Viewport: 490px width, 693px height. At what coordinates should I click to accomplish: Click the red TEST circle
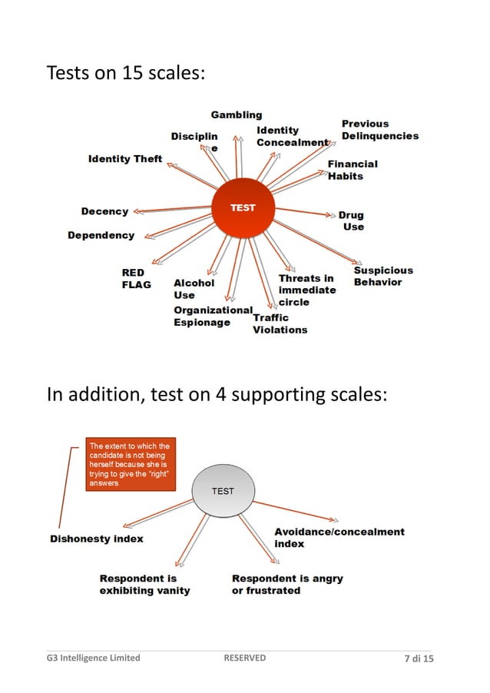click(x=243, y=209)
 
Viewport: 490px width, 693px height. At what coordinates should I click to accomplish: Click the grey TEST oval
click(x=223, y=492)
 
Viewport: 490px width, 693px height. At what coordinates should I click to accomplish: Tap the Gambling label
click(x=237, y=114)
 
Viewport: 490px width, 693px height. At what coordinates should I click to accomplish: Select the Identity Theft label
click(x=125, y=159)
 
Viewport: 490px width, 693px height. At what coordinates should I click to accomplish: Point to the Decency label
click(x=104, y=211)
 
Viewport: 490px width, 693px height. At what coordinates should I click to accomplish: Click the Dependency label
click(x=101, y=235)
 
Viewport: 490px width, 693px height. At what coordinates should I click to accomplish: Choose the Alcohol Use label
click(x=194, y=289)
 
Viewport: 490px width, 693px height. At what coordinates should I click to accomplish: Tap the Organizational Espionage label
click(x=212, y=316)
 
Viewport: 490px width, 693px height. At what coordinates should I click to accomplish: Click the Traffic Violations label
click(x=280, y=323)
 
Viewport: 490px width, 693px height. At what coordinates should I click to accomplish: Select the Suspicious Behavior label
click(x=383, y=276)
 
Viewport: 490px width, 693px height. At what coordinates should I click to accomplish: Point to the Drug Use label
click(x=352, y=221)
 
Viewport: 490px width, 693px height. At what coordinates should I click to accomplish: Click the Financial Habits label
click(x=353, y=170)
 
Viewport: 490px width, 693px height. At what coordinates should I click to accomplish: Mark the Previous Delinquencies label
click(x=379, y=130)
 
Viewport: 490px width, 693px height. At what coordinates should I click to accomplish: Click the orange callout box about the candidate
click(x=131, y=465)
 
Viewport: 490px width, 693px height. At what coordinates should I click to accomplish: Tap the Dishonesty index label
click(x=97, y=539)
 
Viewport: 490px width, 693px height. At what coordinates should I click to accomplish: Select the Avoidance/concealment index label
click(x=339, y=537)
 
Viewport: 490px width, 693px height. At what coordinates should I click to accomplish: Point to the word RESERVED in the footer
click(x=244, y=658)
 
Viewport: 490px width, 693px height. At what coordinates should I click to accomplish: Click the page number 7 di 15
click(x=419, y=658)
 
